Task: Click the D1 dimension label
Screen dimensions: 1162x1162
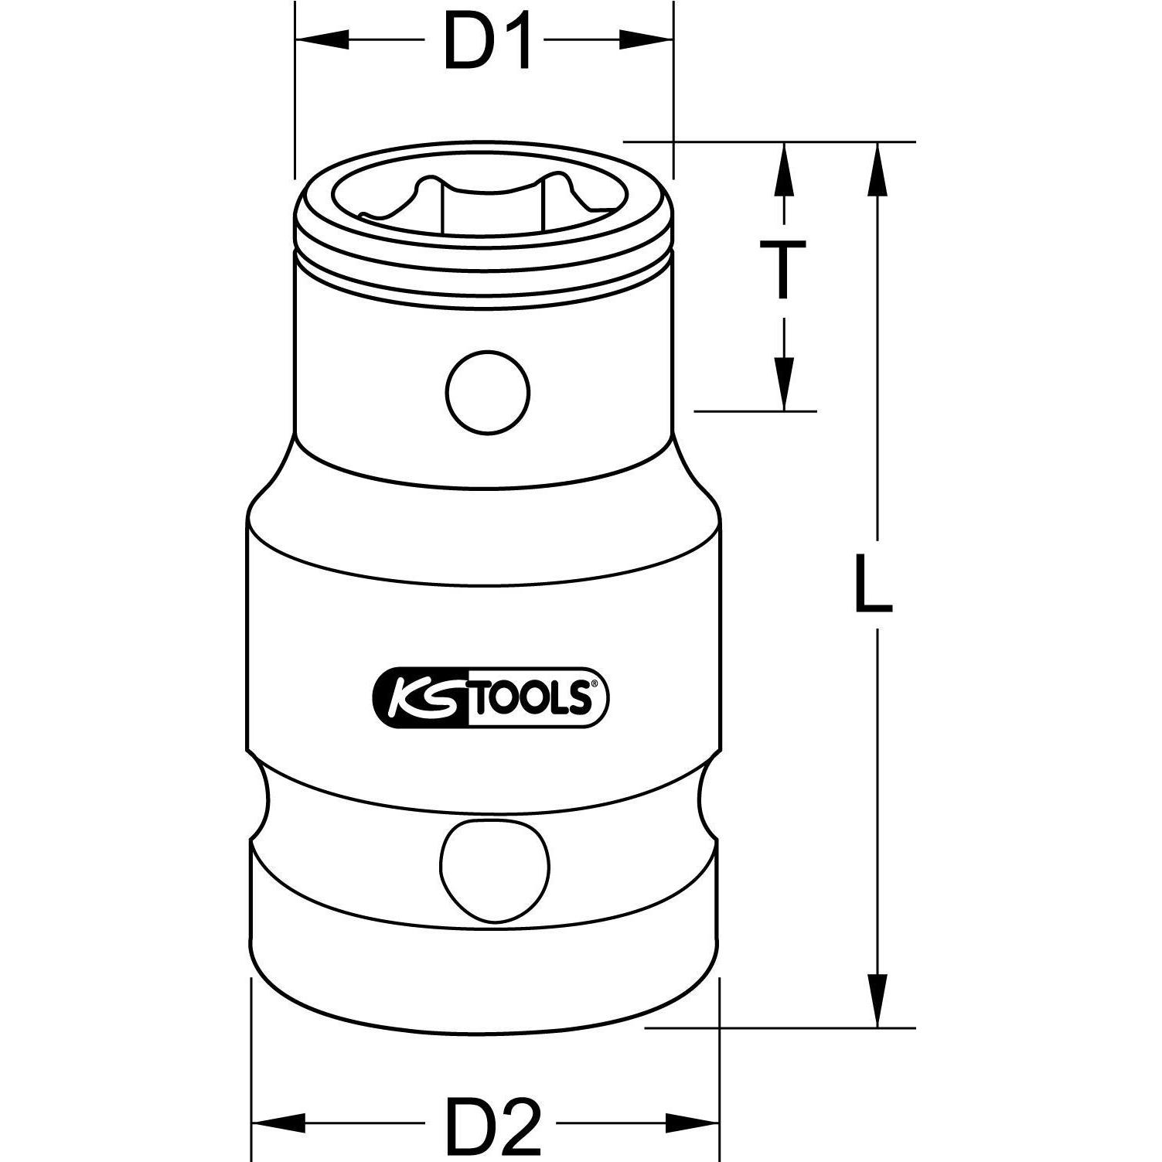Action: point(489,41)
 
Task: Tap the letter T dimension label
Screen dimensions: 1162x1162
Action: point(783,269)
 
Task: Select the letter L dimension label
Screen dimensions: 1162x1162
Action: point(874,584)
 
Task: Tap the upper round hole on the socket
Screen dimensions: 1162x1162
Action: point(489,391)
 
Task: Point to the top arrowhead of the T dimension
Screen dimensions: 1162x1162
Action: point(784,169)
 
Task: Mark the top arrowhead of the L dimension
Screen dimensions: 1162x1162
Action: point(877,170)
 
